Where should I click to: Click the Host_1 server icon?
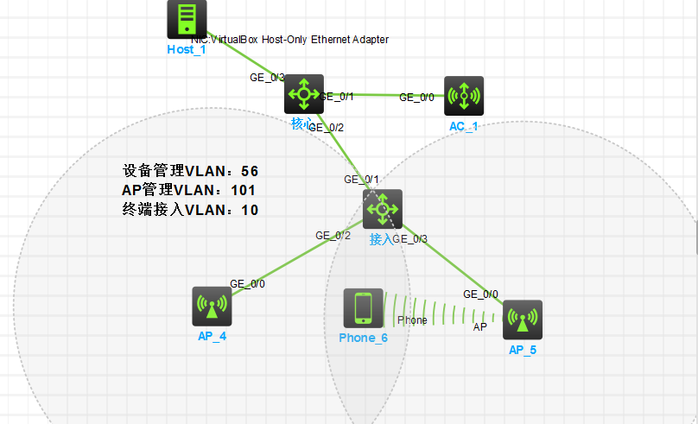(x=187, y=18)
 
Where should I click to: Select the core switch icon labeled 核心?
(x=303, y=93)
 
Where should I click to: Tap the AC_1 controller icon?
(x=464, y=96)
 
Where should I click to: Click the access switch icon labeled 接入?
(x=382, y=209)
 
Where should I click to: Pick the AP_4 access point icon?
(x=212, y=307)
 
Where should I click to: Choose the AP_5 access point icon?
(x=522, y=320)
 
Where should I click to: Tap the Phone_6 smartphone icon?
(x=363, y=308)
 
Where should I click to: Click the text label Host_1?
(x=187, y=49)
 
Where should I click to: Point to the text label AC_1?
(x=463, y=126)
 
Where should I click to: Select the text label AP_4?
(x=212, y=336)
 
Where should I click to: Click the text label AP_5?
(x=523, y=350)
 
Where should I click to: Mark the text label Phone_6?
(x=363, y=338)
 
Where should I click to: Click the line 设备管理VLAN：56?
(x=191, y=171)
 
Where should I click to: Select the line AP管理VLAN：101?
(x=189, y=190)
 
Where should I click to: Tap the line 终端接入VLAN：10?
(x=191, y=209)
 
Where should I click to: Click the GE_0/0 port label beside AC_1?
(x=416, y=98)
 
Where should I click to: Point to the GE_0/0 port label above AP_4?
(x=247, y=283)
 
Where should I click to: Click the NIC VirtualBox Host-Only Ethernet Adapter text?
(x=289, y=40)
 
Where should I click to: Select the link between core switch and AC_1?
(x=380, y=94)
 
